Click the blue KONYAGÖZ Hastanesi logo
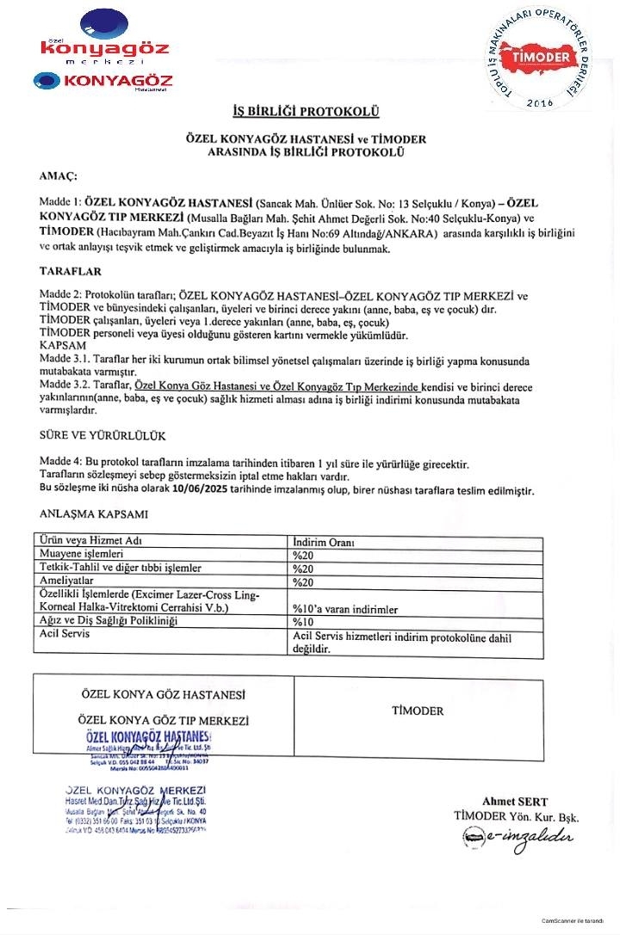pyautogui.click(x=103, y=82)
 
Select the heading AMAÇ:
pyautogui.click(x=59, y=175)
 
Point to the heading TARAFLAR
pyautogui.click(x=71, y=271)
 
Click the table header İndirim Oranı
pyautogui.click(x=325, y=543)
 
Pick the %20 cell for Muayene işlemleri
pyautogui.click(x=302, y=556)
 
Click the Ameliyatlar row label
pyautogui.click(x=68, y=581)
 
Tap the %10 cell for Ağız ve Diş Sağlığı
pyautogui.click(x=302, y=621)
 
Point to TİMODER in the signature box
pyautogui.click(x=418, y=710)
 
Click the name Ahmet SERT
pyautogui.click(x=515, y=802)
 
